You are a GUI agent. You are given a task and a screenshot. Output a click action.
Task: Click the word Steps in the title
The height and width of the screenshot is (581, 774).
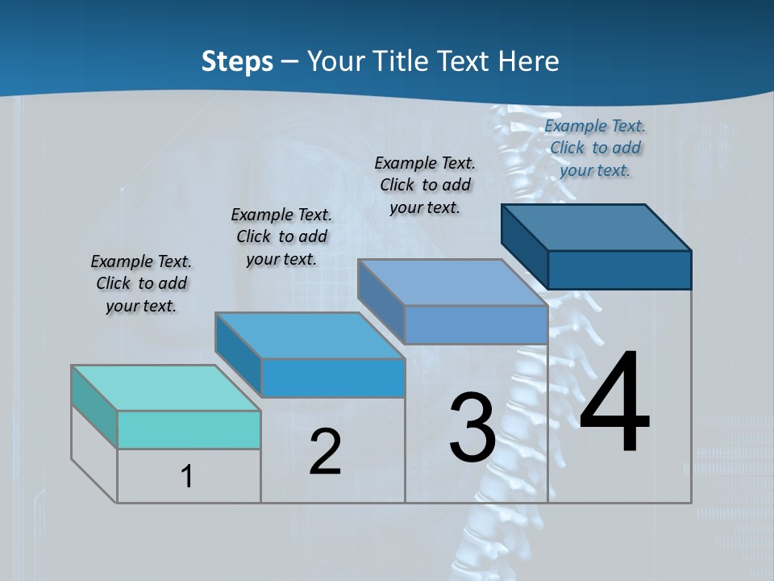237,61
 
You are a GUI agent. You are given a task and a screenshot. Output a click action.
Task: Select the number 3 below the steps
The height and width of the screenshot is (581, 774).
472,428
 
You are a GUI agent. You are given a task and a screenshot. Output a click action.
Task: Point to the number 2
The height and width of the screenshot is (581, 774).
325,452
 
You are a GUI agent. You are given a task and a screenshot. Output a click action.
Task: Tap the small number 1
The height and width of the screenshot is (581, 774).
187,477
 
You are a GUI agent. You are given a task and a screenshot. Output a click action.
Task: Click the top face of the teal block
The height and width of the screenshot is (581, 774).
165,388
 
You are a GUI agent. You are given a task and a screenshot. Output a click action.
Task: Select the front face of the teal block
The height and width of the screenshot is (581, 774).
189,429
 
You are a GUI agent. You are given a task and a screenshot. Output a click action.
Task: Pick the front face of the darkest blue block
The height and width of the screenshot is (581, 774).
619,270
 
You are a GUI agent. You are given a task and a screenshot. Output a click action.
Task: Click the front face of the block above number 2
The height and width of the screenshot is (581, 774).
333,378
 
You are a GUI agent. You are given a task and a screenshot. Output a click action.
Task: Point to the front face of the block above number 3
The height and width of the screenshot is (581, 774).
476,324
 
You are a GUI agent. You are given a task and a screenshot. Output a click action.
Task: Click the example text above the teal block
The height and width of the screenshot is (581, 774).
141,284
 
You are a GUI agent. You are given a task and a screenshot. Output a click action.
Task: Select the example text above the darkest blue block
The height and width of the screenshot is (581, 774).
595,148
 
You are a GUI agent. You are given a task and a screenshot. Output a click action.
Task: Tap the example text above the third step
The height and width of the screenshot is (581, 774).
425,185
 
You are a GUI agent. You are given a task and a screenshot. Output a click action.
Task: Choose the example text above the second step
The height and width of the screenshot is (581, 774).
281,236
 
